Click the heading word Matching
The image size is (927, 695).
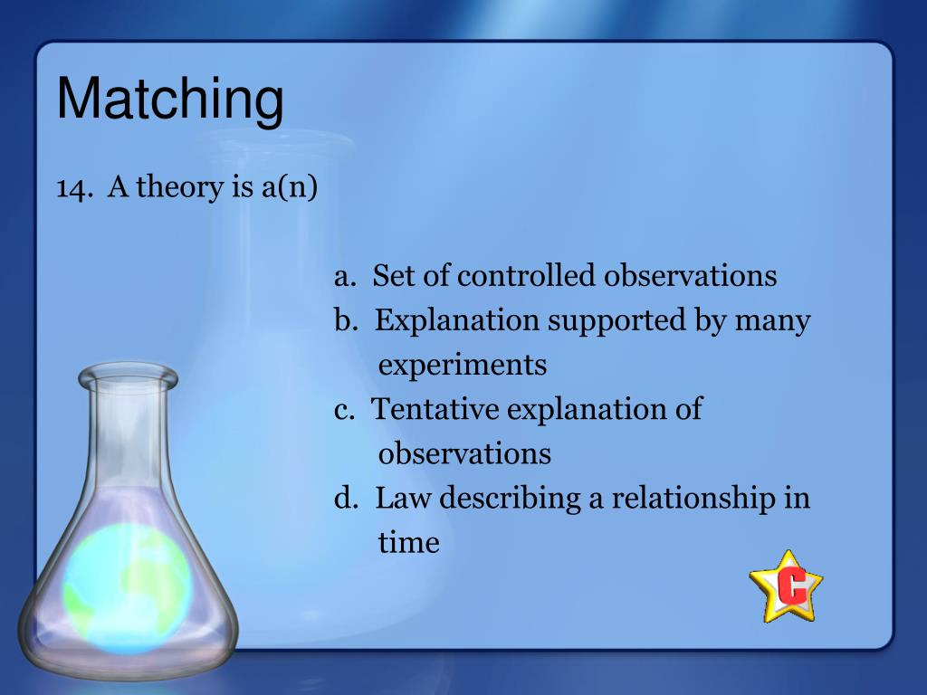170,100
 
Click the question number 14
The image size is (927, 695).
74,188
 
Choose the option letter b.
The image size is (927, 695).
346,319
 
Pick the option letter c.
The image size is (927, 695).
344,410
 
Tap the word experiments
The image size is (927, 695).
463,366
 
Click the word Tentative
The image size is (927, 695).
435,409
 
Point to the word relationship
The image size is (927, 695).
693,499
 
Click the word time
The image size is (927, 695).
408,543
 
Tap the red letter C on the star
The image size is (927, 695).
791,586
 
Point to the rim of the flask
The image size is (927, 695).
129,376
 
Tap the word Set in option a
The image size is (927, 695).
393,276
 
